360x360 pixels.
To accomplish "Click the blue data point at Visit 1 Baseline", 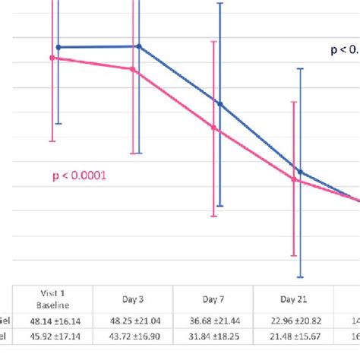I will point(58,47).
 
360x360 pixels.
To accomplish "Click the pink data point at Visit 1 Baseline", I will point(52,57).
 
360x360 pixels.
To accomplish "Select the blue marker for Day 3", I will point(138,46).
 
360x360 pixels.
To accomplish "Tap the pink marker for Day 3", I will point(134,69).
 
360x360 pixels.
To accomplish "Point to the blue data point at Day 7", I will point(220,103).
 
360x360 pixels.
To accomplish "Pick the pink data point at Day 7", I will point(215,128).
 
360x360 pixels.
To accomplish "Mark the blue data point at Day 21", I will point(301,172).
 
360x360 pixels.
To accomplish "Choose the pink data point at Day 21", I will point(295,179).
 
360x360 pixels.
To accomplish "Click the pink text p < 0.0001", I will point(80,175).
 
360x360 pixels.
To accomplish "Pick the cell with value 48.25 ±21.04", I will point(133,321).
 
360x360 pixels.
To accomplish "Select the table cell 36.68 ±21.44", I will point(213,321).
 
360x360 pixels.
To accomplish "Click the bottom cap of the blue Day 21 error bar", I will point(301,276).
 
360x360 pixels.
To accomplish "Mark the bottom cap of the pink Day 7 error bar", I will point(215,216).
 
